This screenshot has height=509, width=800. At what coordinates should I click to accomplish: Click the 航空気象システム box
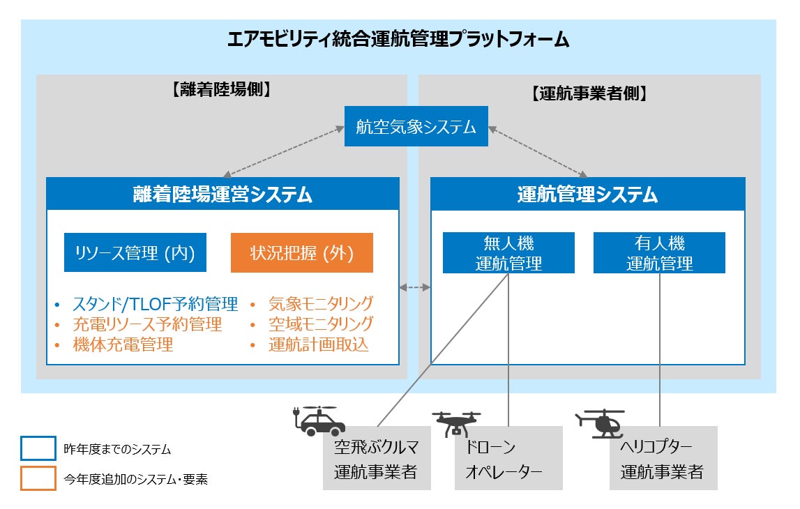pos(416,126)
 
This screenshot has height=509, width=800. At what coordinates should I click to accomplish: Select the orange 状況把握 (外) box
pos(301,252)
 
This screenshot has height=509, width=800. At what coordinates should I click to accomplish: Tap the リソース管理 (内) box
pos(135,252)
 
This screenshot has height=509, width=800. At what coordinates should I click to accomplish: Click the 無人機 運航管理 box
pos(508,253)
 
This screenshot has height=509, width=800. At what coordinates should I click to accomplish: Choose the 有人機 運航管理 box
pos(659,253)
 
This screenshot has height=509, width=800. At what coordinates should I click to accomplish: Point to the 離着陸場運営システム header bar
pos(222,194)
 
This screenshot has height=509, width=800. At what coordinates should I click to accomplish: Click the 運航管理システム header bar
pos(588,194)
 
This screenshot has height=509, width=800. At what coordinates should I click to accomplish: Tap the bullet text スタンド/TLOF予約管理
pos(155,304)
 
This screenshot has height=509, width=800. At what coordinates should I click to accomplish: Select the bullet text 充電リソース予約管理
pos(147,324)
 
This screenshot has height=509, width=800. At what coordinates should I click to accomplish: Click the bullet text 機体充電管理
pos(123,344)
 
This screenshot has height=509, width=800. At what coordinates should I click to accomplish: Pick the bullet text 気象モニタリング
pos(321,304)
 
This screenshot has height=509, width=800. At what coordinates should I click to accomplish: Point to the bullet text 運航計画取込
pos(318,344)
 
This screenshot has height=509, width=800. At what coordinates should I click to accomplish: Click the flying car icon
pos(319,420)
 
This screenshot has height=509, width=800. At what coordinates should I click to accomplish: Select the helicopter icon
pos(600,423)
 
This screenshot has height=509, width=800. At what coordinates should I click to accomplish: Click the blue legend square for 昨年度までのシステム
pos(38,448)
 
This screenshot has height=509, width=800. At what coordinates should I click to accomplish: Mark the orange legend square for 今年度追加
pos(38,478)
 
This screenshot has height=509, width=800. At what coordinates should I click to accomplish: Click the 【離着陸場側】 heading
pos(221,90)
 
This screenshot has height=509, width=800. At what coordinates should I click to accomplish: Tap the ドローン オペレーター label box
pos(508,458)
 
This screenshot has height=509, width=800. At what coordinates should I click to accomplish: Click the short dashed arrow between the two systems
pos(415,288)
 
